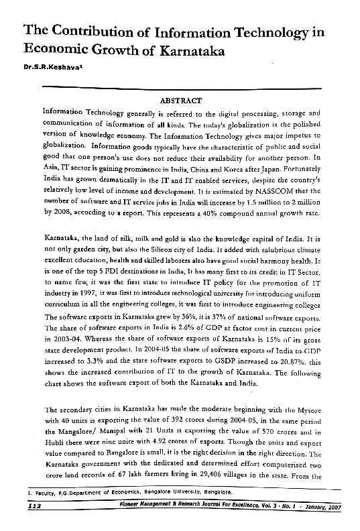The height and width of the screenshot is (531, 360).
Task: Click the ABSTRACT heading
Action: [x=181, y=100]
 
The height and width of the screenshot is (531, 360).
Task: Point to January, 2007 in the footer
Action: [x=323, y=508]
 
